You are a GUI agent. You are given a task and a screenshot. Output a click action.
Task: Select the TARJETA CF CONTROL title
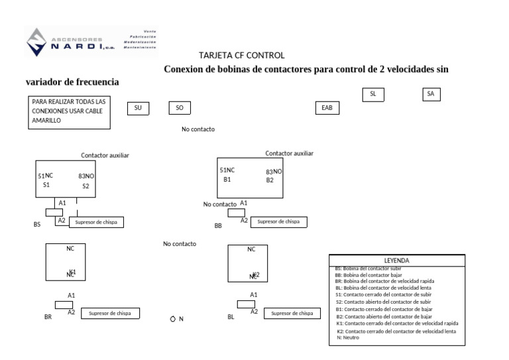[241, 56]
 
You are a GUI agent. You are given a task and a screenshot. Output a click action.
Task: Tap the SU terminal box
[138, 107]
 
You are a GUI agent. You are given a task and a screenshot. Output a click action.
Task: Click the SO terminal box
[180, 107]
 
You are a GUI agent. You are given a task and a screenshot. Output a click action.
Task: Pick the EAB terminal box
[326, 107]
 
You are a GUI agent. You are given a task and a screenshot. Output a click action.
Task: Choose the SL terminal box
[373, 94]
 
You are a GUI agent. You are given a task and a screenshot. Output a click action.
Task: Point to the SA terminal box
[431, 94]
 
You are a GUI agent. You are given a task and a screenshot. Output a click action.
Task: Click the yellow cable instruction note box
[69, 111]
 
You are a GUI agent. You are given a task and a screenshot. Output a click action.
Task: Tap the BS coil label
[37, 225]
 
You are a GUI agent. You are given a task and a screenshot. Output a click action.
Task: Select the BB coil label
[218, 226]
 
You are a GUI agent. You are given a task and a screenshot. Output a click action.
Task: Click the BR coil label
[48, 318]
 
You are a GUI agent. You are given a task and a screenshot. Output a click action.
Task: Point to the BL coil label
[231, 318]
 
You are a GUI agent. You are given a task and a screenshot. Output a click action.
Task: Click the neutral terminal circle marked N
[173, 319]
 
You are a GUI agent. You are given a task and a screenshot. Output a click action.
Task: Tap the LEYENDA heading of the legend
[396, 261]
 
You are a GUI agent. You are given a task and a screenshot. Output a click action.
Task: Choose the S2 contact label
[85, 186]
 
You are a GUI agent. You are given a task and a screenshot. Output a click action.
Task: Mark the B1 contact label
[227, 180]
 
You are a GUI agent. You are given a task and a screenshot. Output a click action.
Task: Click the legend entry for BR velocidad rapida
[384, 281]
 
